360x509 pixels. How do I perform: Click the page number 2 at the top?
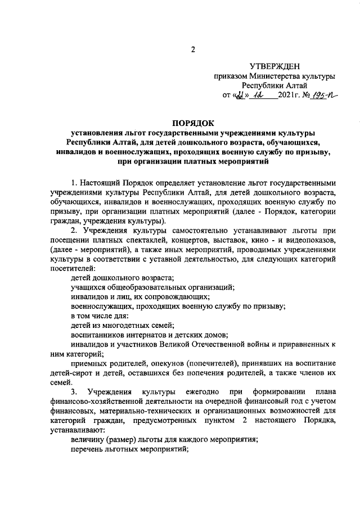192,49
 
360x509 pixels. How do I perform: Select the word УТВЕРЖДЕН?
276,66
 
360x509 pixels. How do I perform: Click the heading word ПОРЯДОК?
192,123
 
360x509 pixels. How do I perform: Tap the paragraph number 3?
74,391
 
